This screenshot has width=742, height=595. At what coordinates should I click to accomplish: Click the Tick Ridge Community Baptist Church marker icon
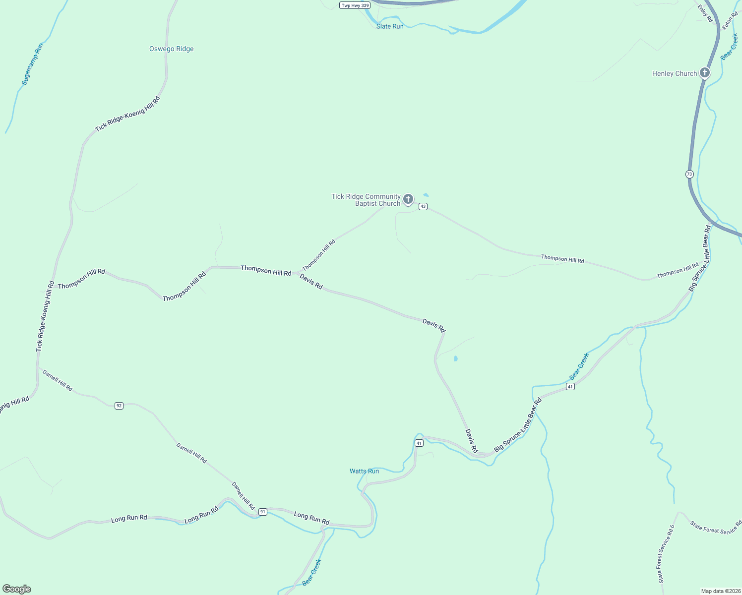pos(408,199)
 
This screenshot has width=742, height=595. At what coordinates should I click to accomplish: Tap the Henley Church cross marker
pos(704,73)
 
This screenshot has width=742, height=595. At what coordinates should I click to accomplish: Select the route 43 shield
pos(423,206)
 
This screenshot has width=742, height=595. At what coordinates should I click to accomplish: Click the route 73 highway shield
pos(689,174)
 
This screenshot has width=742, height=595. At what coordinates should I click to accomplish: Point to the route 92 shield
pos(119,406)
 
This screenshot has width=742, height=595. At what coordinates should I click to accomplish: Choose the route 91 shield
pos(263,512)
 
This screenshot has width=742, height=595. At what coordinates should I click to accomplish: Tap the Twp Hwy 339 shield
pos(355,5)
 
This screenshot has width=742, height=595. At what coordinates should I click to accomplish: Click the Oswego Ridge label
pos(171,49)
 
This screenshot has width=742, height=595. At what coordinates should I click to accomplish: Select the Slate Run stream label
pos(390,26)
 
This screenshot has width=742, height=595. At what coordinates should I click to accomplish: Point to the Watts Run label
pos(364,471)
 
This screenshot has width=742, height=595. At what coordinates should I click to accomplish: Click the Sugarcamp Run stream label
pos(33,64)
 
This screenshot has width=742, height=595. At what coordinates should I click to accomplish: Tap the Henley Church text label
pos(675,73)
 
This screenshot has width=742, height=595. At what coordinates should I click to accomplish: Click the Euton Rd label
pos(730,20)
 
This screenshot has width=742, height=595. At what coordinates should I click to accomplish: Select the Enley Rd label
pos(705,14)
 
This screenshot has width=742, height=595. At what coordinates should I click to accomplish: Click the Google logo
pos(17,589)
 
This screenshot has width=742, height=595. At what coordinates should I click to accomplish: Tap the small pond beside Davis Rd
pos(455,358)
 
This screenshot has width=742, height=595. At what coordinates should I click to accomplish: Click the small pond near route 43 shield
pos(426,195)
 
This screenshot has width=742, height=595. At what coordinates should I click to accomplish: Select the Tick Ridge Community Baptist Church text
pos(366,200)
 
